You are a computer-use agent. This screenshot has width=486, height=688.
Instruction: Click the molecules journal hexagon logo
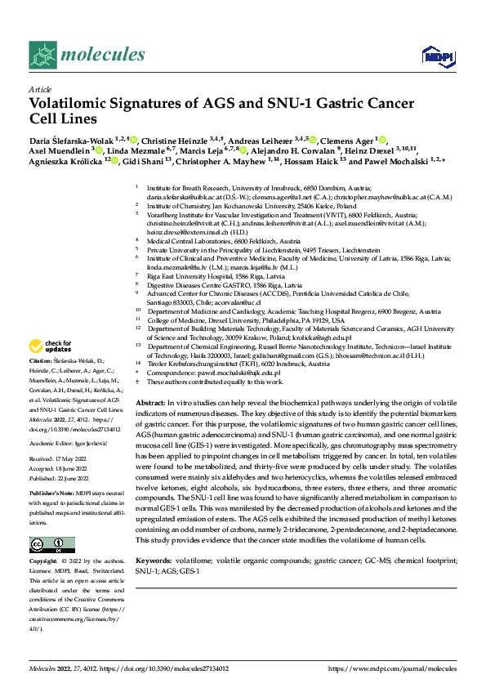42,56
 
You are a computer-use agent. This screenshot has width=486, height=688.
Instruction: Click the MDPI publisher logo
435,56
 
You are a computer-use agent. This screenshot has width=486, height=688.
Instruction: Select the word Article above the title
39,89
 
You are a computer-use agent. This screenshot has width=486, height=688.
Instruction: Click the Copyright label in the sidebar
46,562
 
